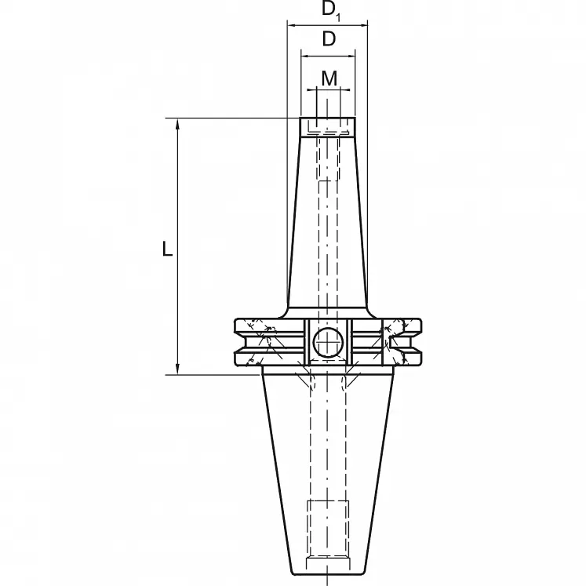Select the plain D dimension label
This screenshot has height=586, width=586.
click(329, 39)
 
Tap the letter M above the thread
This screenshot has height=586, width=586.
click(329, 78)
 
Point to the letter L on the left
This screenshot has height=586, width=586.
click(166, 249)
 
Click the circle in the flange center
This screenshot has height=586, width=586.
click(327, 342)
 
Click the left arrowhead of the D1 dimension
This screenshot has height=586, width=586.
click(291, 26)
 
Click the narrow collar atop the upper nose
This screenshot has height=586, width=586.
click(328, 126)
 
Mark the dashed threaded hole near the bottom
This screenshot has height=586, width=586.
click(328, 527)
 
